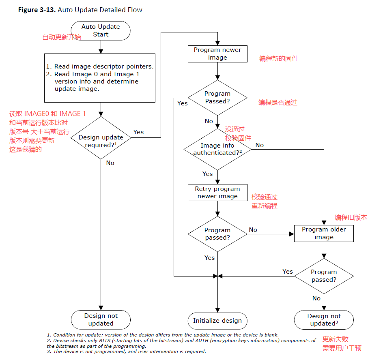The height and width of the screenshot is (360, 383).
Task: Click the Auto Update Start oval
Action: coord(101,31)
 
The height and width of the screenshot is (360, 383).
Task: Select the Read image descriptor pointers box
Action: coord(100,78)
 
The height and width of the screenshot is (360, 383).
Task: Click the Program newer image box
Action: coord(217,54)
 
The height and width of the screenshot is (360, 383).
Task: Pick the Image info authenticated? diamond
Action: coord(217,149)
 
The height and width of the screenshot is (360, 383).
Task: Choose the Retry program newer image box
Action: coord(217,193)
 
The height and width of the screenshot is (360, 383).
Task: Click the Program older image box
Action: coord(324,234)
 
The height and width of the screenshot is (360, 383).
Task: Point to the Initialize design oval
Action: coord(217,321)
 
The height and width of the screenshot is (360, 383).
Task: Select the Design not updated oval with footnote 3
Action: coord(324,320)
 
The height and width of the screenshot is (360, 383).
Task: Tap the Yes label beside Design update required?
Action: coord(138,132)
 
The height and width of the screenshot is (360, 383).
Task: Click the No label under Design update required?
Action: coord(110,163)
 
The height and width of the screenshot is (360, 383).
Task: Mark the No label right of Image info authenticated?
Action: coord(259,145)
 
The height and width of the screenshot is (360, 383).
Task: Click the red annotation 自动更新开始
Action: coord(62,37)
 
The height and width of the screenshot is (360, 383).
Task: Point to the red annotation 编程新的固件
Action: coord(279,59)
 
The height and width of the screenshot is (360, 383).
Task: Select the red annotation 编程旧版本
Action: coord(351,218)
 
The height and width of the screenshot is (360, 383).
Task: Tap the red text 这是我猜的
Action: coord(25,150)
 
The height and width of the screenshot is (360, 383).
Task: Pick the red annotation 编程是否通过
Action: coord(278,103)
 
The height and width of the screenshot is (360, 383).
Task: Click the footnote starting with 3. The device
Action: coord(126,351)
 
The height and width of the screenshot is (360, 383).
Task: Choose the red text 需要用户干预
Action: coord(342,348)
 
